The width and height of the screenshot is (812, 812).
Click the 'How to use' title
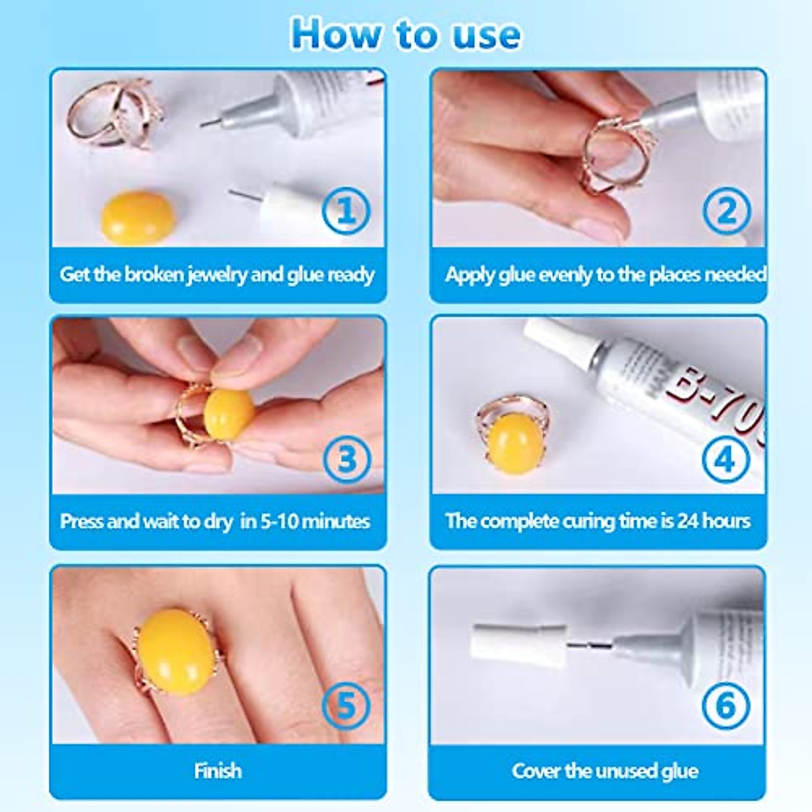[406, 34]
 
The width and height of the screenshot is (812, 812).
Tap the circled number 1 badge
[346, 211]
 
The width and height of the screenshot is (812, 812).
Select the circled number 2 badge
[726, 211]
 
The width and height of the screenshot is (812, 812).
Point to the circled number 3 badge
[346, 459]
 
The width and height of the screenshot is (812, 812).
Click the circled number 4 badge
[725, 459]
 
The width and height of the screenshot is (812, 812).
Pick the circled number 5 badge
[346, 706]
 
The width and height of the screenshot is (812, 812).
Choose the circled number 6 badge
[725, 706]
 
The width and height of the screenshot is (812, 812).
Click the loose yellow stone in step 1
[137, 217]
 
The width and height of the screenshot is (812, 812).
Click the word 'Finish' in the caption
[217, 771]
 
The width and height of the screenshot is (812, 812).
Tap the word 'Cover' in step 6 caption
[536, 771]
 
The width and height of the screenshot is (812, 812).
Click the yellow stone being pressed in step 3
[229, 412]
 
